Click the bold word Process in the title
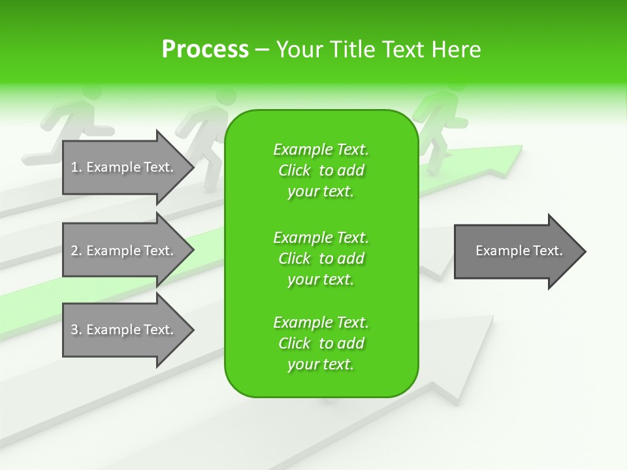pyautogui.click(x=205, y=50)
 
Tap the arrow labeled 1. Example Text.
pyautogui.click(x=124, y=167)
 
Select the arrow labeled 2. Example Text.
pyautogui.click(x=124, y=251)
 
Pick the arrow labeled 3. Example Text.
pyautogui.click(x=124, y=330)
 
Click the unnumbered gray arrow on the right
pyautogui.click(x=516, y=251)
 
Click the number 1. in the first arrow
pyautogui.click(x=76, y=167)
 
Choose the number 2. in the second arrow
pyautogui.click(x=76, y=251)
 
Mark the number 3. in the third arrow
pyautogui.click(x=76, y=330)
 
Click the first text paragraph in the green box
pyautogui.click(x=321, y=170)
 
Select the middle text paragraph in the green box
pyautogui.click(x=321, y=258)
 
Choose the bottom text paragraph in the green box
pyautogui.click(x=321, y=343)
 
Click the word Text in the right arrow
pyautogui.click(x=548, y=251)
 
